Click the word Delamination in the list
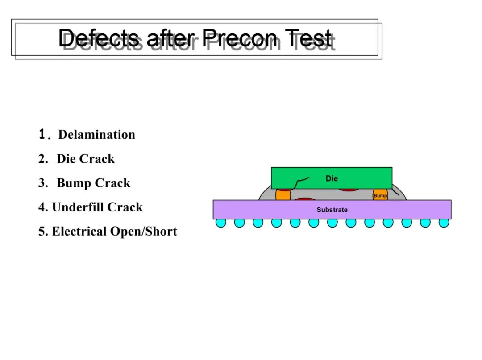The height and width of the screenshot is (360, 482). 97,135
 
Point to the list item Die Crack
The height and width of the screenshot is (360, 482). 86,159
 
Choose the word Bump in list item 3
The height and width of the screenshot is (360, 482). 74,183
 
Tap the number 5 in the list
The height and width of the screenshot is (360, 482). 42,232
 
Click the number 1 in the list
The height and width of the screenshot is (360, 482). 42,134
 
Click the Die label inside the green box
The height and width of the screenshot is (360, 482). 332,178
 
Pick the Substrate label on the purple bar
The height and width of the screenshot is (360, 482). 332,210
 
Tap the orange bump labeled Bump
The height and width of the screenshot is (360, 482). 380,195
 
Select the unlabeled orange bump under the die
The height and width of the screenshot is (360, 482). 283,195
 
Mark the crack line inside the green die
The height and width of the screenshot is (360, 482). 301,182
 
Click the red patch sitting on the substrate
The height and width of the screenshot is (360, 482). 305,199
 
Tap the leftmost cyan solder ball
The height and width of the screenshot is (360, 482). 221,223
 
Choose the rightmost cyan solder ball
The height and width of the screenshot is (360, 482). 444,223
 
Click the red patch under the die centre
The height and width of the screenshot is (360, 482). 349,190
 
